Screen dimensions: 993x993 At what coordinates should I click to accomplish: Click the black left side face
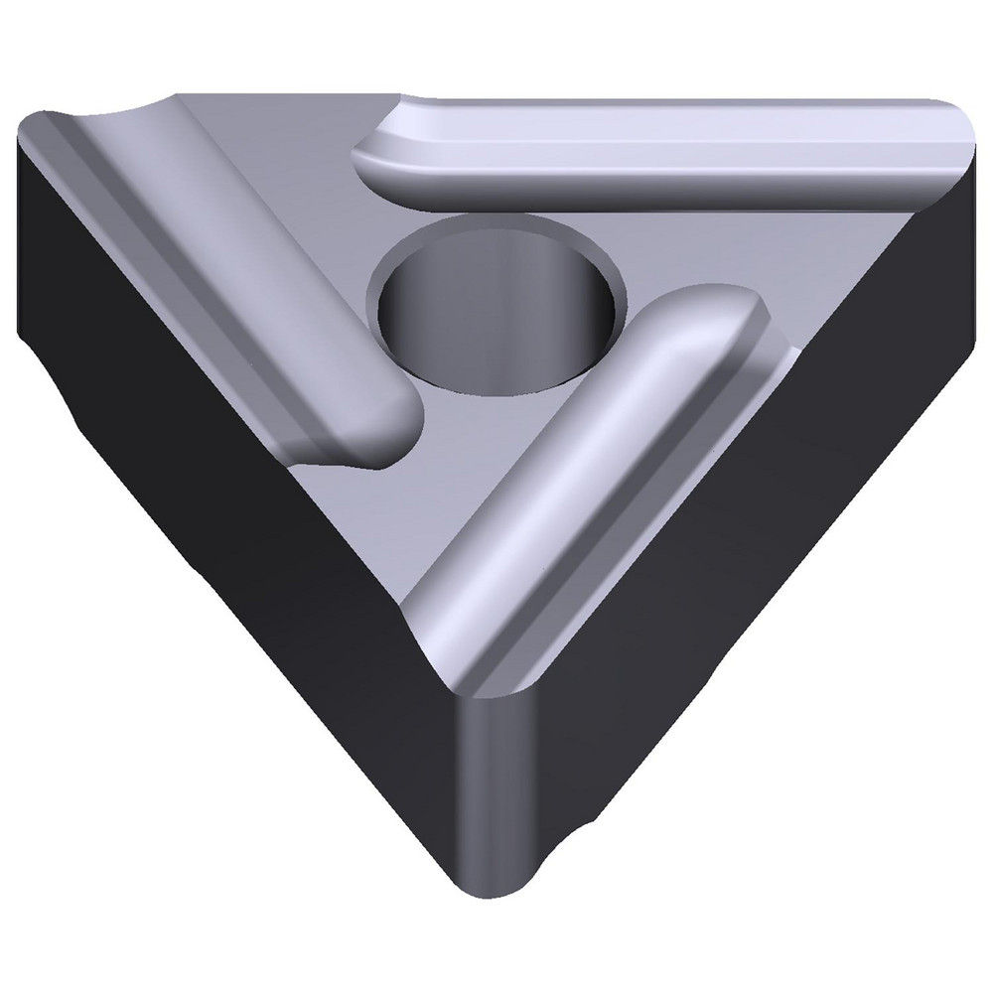click(199, 496)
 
